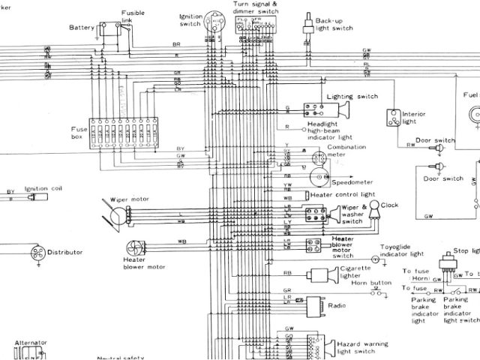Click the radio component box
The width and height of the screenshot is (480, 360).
click(314, 304)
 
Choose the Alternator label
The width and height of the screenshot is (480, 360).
click(31, 342)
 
